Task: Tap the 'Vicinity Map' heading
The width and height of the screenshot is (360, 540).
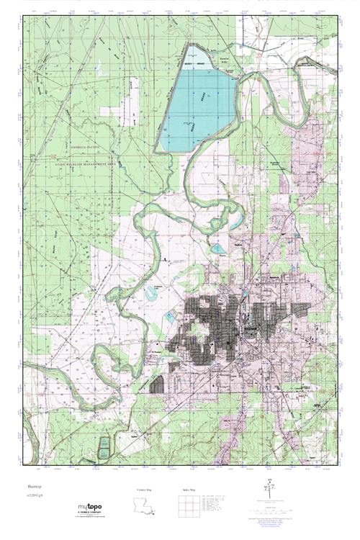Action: click(145, 490)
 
